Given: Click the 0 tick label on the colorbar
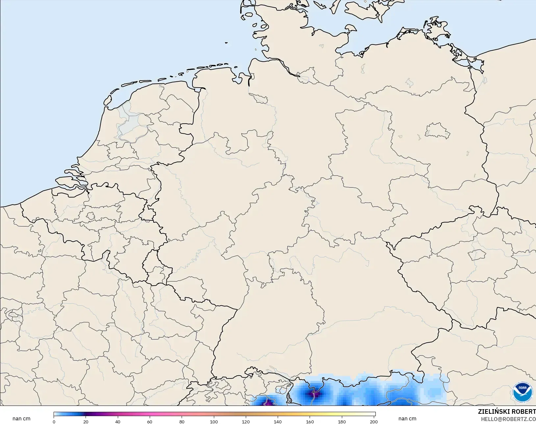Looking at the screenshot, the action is pos(54,422).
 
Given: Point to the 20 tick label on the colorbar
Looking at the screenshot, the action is pos(86,422).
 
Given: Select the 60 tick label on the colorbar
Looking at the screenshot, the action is pos(150,422).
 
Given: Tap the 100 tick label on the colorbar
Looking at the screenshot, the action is pos(214,422).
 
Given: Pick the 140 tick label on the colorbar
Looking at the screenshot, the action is pos(278,422).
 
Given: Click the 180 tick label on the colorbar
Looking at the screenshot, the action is pos(342,422).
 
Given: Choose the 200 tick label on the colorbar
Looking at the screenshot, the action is pos(373,422).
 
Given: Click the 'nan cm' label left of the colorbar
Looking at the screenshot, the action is pos(21,419).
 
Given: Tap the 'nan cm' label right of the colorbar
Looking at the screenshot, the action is pos(407,419).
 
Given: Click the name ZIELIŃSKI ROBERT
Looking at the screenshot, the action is pos(507,412).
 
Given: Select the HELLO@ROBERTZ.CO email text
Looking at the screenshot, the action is pos(508,419).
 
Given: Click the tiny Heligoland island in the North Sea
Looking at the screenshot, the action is pos(226,42).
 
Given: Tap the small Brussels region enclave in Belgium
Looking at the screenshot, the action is pos(90,216).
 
